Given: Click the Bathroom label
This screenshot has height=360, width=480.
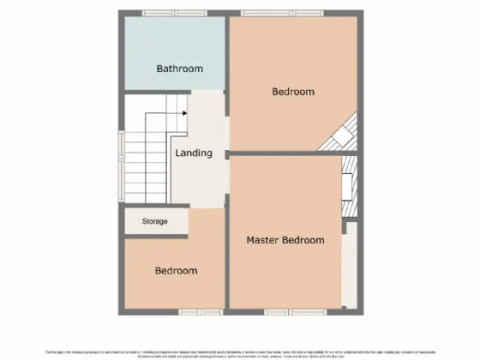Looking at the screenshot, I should coord(179,69).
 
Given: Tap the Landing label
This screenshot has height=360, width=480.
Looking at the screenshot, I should coord(193,153).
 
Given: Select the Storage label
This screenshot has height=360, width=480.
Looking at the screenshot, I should coord(154,221).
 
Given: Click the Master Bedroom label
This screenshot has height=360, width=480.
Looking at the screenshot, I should coord(285,240).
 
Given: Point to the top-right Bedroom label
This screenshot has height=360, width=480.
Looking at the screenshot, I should coord(293,91).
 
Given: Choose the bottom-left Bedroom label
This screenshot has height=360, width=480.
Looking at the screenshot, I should coord(176,271).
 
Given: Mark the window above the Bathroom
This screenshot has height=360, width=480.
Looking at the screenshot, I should coord(167,13).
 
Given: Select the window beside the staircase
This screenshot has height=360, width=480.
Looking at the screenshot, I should coord(122,159).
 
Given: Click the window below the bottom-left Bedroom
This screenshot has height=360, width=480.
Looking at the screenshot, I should coord(194,312).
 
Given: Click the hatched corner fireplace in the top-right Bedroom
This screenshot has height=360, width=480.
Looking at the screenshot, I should coord(344,135).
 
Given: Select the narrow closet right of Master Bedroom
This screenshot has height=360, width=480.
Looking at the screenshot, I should coord(349,266).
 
